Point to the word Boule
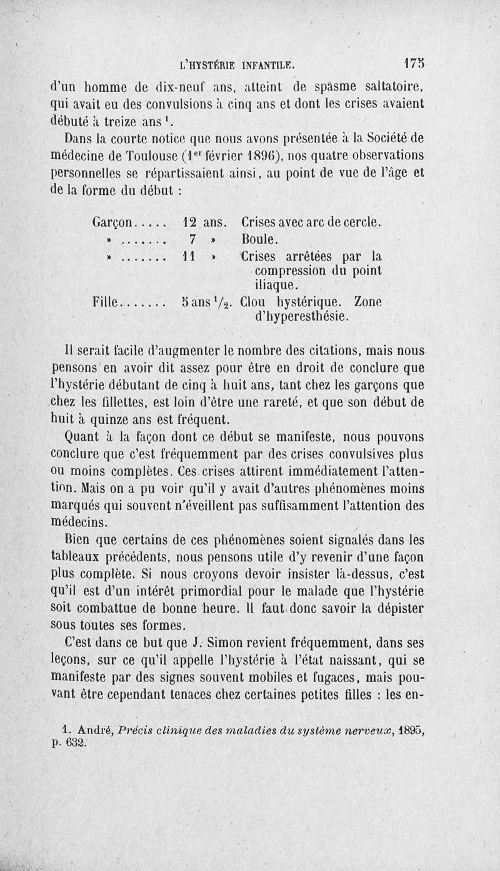click(x=259, y=239)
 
